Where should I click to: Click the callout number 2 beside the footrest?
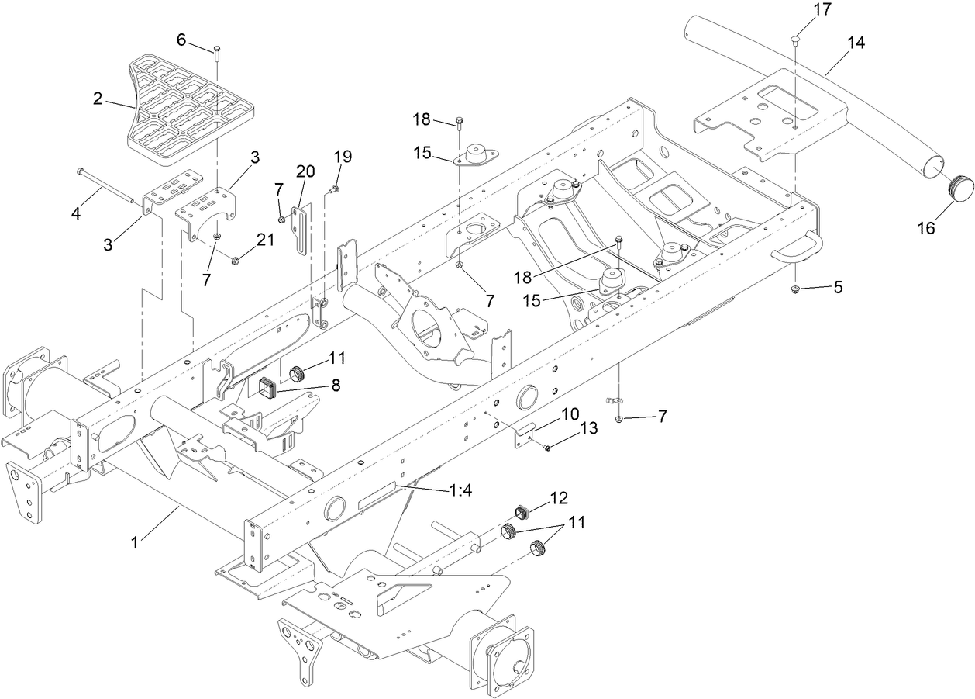click(98, 99)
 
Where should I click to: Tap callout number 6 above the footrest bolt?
click(182, 39)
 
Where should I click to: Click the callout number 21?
click(266, 240)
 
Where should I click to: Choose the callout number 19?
click(343, 157)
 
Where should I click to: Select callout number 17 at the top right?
click(800, 10)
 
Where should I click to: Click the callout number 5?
click(836, 287)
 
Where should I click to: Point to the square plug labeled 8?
click(270, 386)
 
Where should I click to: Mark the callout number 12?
click(559, 497)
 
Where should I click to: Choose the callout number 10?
click(570, 414)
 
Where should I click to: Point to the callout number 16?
click(927, 228)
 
